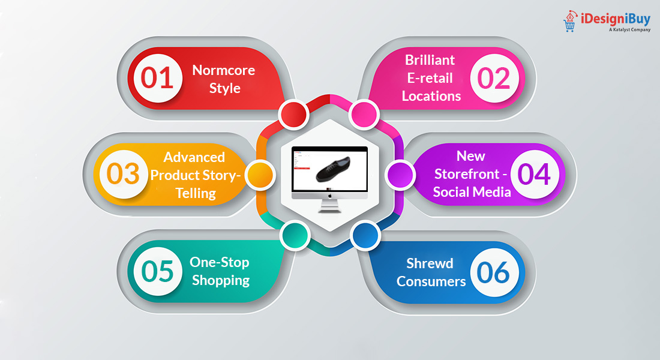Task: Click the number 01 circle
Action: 158,79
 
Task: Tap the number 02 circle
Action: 494,79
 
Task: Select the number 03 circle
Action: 123,174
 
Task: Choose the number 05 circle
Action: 157,271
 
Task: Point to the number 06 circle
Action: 494,272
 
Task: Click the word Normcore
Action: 223,70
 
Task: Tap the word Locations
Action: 431,96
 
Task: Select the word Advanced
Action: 194,157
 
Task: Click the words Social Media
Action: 472,192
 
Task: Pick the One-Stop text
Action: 219,262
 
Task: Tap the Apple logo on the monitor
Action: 329,195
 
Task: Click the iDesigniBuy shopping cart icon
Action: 569,23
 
